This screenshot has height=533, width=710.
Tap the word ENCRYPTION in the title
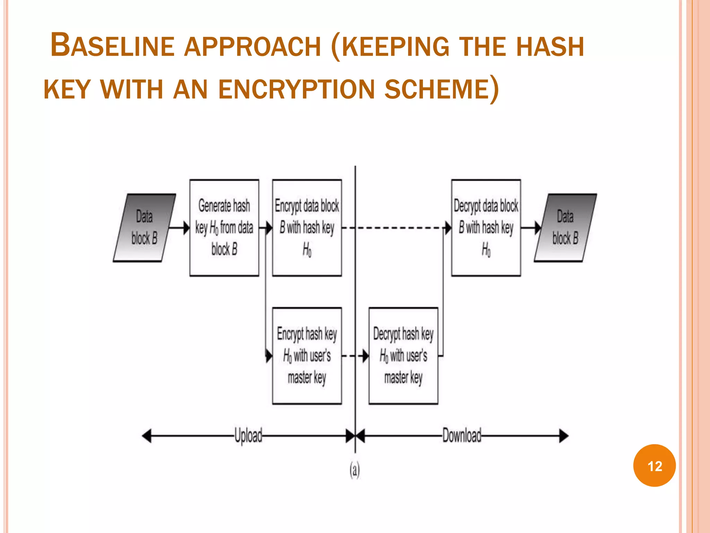point(296,90)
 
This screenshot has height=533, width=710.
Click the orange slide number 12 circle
point(654,465)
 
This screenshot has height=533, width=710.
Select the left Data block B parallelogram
point(145,228)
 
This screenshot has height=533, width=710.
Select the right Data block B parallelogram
point(565,228)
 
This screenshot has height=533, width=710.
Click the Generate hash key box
point(224,228)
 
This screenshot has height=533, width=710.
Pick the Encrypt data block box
point(307,228)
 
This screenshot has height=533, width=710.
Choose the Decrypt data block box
point(486,228)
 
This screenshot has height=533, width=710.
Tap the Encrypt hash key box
point(307,356)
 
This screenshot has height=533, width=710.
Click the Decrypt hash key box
point(403,356)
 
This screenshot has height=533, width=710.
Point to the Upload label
point(248,435)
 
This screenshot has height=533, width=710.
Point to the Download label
point(462,435)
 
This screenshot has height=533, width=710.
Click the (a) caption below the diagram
point(354,470)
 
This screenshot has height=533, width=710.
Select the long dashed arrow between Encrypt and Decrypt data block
point(395,228)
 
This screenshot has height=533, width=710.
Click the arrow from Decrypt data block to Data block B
point(531,228)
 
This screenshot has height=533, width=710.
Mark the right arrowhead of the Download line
point(564,436)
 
